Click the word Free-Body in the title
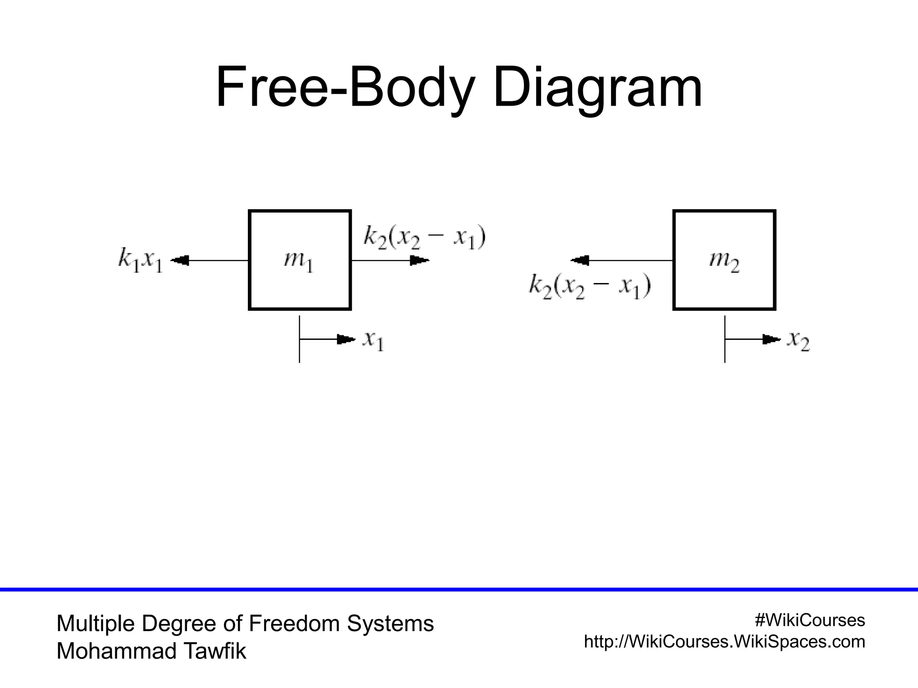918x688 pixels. pyautogui.click(x=344, y=88)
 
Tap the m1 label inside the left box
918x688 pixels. pyautogui.click(x=299, y=261)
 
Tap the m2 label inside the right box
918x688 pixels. pyautogui.click(x=724, y=261)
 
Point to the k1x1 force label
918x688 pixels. pyautogui.click(x=140, y=260)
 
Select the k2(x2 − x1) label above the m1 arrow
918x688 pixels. pyautogui.click(x=424, y=237)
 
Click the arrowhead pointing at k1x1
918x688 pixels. pyautogui.click(x=180, y=260)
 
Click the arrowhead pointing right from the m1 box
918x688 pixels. pyautogui.click(x=420, y=260)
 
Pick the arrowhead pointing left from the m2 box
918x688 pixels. pyautogui.click(x=580, y=260)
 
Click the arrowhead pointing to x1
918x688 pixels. pyautogui.click(x=346, y=340)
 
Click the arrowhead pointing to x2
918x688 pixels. pyautogui.click(x=771, y=340)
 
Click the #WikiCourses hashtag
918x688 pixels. pyautogui.click(x=810, y=620)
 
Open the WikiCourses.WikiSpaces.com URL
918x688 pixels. pyautogui.click(x=724, y=641)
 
